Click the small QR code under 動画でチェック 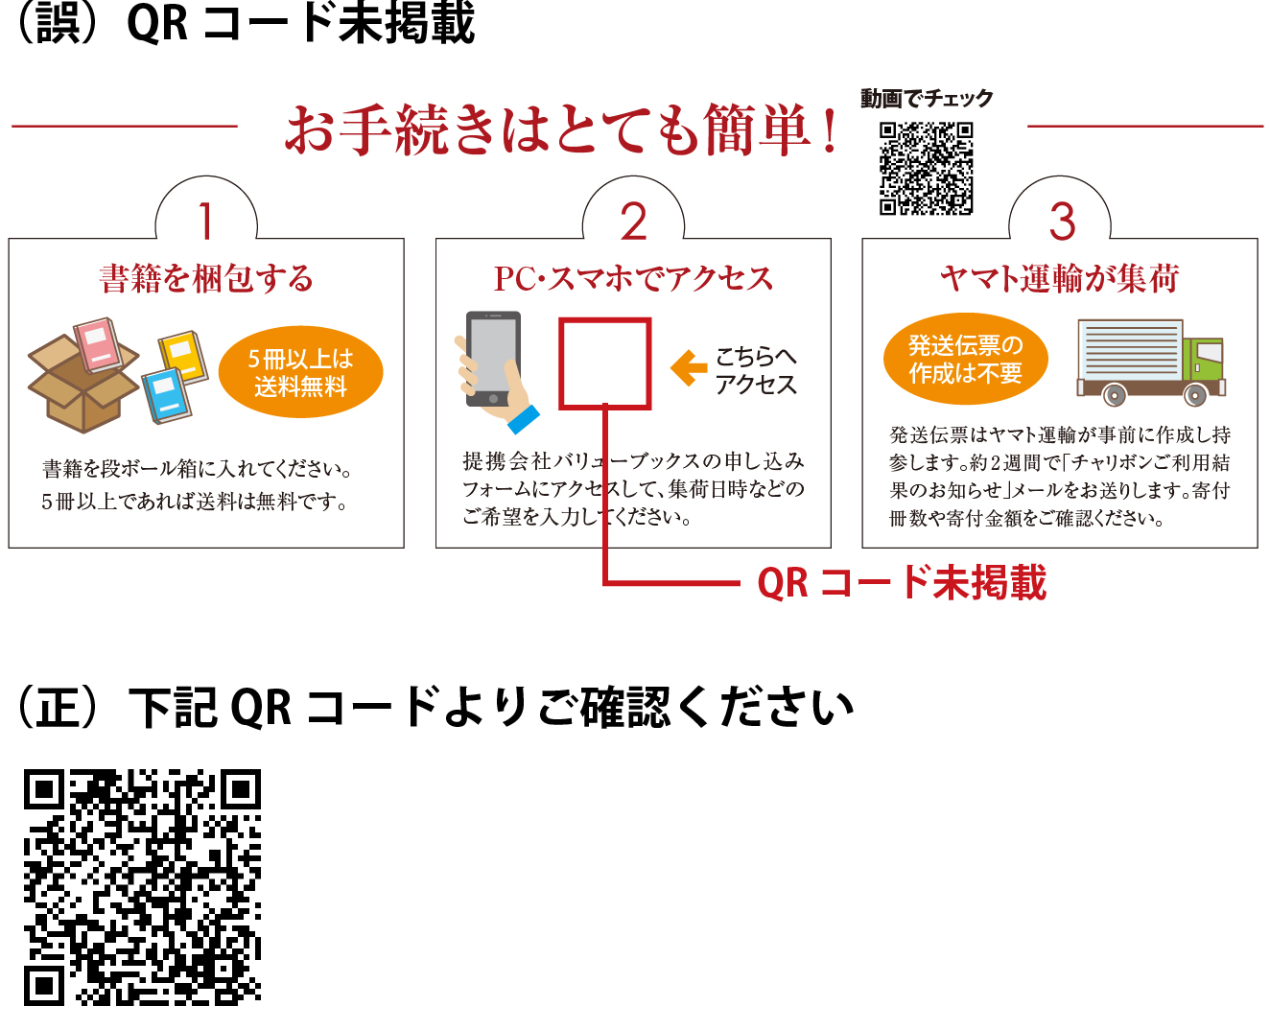(x=926, y=169)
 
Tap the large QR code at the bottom (x=142, y=887)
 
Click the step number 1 (x=205, y=221)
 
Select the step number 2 (x=633, y=222)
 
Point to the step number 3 (x=1061, y=222)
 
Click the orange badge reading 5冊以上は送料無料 (x=300, y=372)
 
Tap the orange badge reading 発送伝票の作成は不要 (x=965, y=359)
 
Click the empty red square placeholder (x=605, y=363)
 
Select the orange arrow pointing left (x=688, y=368)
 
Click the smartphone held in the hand (x=493, y=357)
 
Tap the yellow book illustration (x=183, y=355)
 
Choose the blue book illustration (x=167, y=394)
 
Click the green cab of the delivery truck (x=1203, y=361)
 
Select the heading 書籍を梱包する (x=206, y=279)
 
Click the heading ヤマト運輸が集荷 (x=1059, y=279)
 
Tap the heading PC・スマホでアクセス (x=633, y=279)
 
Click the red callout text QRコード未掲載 (x=901, y=583)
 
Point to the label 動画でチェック (x=926, y=99)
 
